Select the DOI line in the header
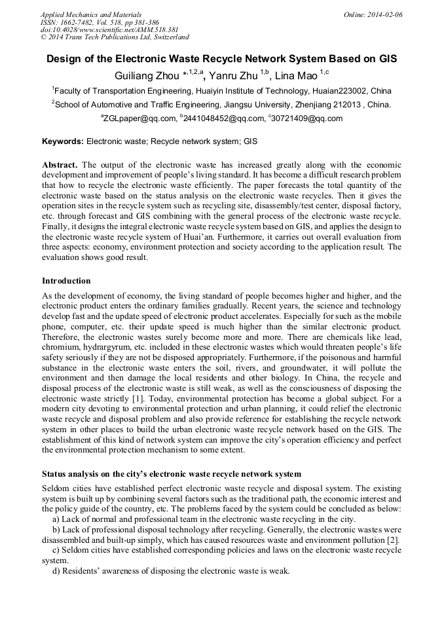coord(109,30)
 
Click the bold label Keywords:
coord(63,141)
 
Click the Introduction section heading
coord(66,281)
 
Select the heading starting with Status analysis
coord(172,473)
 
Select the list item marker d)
coord(56,571)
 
